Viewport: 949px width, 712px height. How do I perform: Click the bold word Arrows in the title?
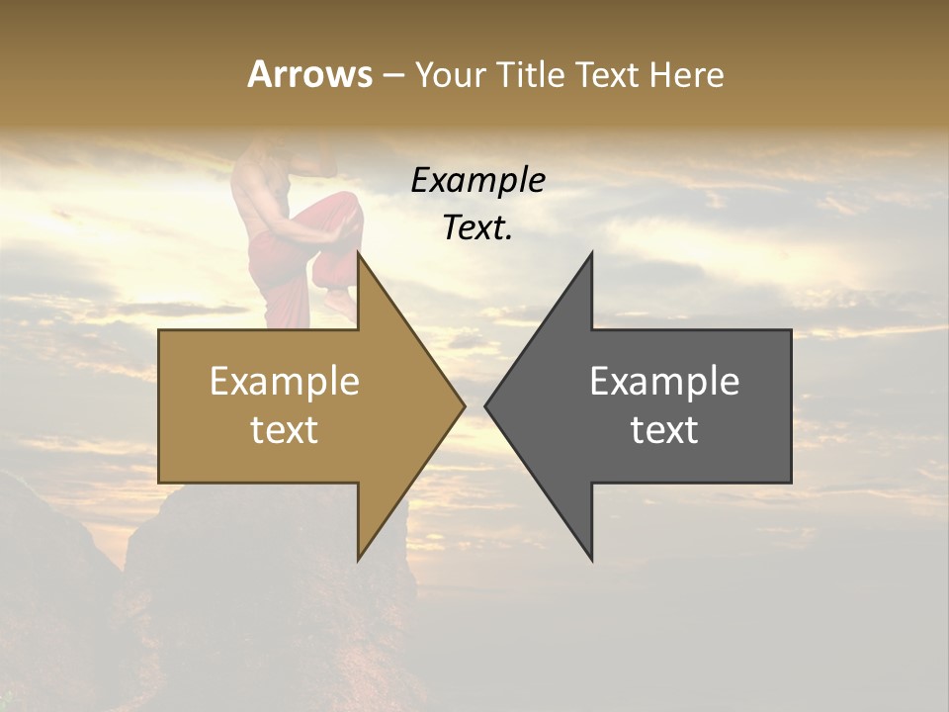(309, 74)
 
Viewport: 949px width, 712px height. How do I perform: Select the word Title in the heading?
(530, 74)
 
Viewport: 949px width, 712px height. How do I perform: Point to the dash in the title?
(392, 75)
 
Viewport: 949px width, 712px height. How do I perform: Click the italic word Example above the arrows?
(477, 181)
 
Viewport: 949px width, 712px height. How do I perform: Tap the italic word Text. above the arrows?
(477, 228)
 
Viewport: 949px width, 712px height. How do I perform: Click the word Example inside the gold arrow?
(285, 382)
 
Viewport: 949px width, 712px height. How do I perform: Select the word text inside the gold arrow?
(285, 430)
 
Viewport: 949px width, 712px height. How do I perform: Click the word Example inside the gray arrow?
(664, 382)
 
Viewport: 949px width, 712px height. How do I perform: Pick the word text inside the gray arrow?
(664, 430)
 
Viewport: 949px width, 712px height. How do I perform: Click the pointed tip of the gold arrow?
(464, 405)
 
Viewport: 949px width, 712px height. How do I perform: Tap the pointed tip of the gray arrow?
(486, 405)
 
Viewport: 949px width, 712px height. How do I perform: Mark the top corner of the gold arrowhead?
(359, 253)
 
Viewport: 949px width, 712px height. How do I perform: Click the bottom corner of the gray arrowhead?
(591, 560)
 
